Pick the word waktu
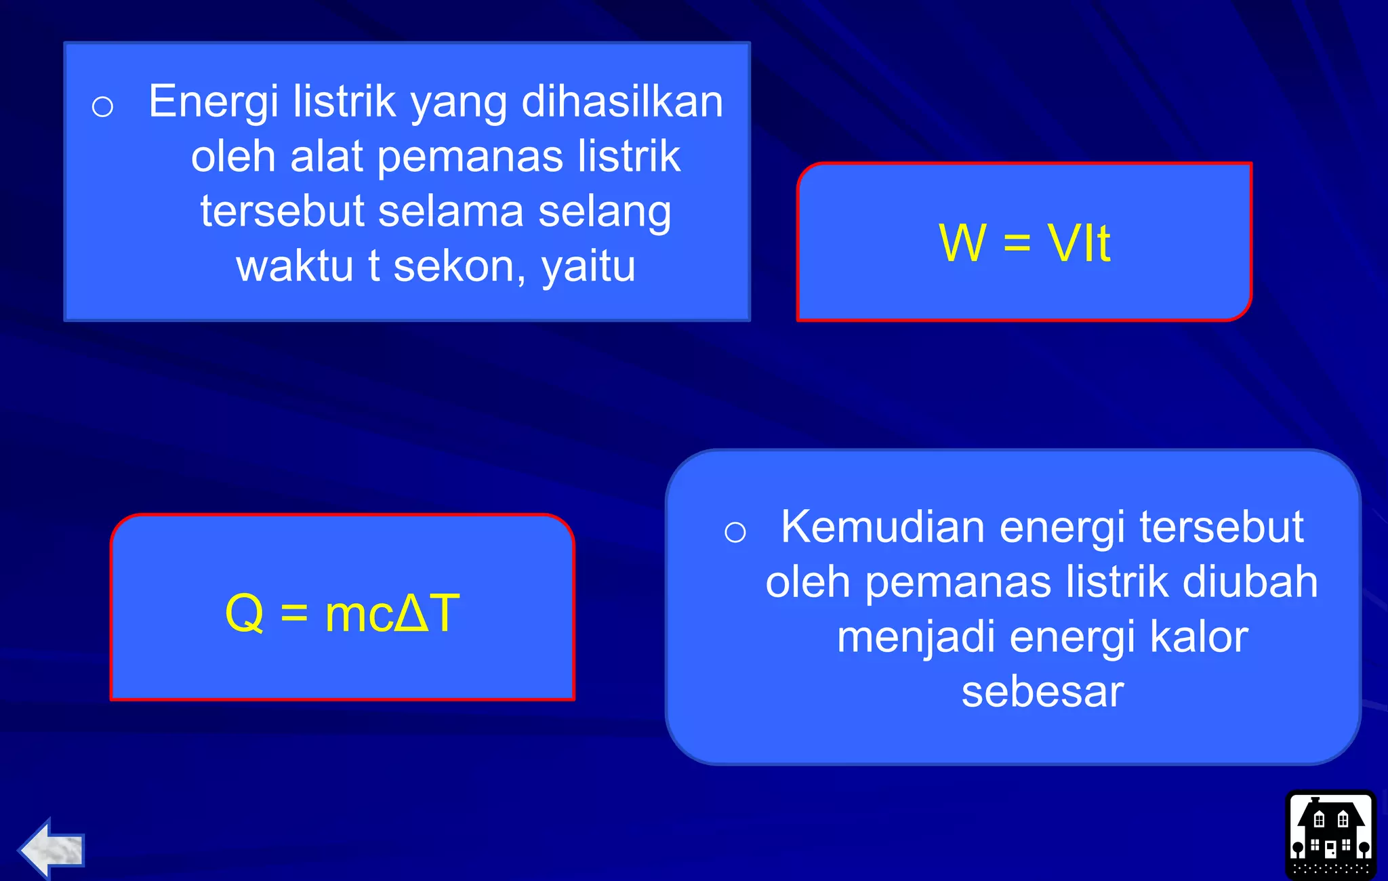[x=294, y=266]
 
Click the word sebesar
[x=1042, y=692]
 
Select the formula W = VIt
[x=1024, y=243]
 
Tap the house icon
[x=1330, y=835]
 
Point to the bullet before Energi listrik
[x=102, y=106]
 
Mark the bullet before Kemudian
[x=735, y=532]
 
